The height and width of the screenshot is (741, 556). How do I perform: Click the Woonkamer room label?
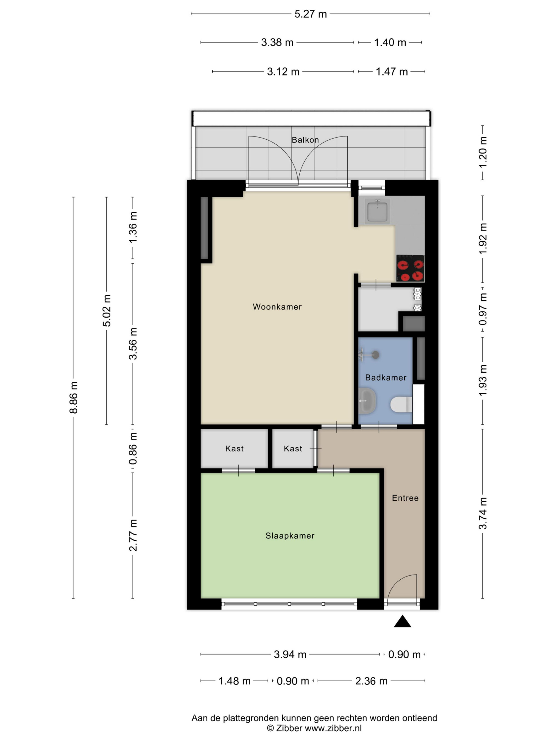[277, 306]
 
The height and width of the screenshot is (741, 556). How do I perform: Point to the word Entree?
[405, 498]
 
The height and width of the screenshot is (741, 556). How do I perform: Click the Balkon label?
[305, 140]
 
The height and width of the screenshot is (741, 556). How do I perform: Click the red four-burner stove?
[410, 268]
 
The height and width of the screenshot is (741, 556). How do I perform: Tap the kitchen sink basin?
[377, 212]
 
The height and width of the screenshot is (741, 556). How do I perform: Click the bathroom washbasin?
[367, 401]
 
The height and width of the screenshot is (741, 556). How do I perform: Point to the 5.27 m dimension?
[310, 14]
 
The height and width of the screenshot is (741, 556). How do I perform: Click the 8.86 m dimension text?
[73, 397]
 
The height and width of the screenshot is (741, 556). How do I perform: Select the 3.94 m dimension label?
[290, 654]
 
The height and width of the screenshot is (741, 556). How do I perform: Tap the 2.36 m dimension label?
[371, 681]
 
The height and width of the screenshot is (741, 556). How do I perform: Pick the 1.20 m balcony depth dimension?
[483, 153]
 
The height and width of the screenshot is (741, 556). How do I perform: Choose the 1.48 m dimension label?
[234, 681]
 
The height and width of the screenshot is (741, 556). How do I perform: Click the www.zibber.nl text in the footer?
[333, 728]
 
